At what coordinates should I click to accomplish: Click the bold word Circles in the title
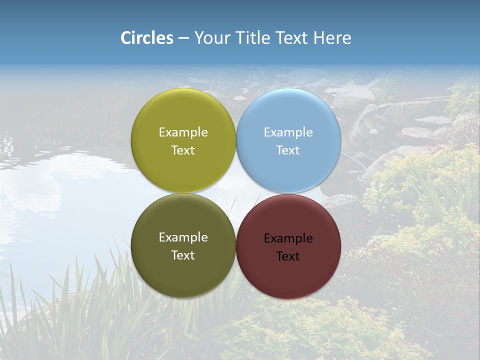[146, 38]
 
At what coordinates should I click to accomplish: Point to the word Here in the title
[332, 38]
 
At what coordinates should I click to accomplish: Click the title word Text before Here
[292, 38]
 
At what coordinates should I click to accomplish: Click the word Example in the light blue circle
[288, 132]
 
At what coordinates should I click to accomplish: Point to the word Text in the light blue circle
[288, 150]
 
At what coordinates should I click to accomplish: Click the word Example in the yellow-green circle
[183, 132]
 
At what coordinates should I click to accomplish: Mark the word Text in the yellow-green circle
[183, 150]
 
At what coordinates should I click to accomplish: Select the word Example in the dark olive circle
[183, 237]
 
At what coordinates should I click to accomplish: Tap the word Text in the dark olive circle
[183, 255]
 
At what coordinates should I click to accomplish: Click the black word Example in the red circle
[288, 238]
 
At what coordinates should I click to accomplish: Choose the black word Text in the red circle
[288, 256]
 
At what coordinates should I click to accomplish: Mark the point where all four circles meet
[236, 193]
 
